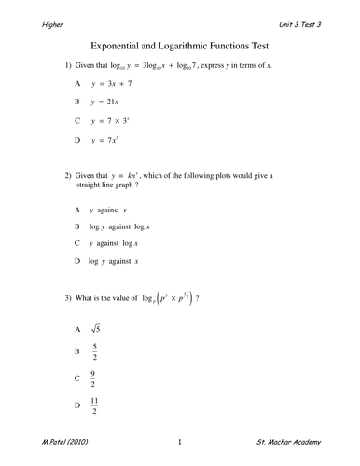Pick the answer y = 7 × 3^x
tap(115, 120)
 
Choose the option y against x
tap(110, 210)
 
